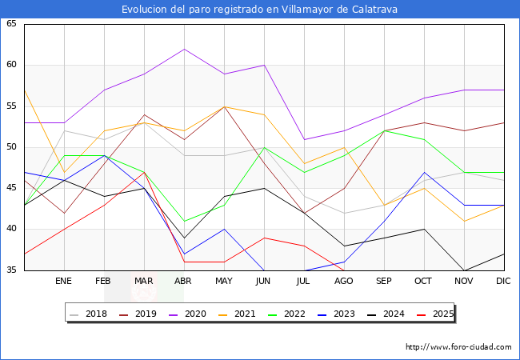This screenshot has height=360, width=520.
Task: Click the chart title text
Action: click(x=260, y=10)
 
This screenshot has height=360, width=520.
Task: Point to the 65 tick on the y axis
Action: click(x=11, y=24)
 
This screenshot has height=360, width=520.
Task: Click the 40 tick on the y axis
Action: click(x=11, y=230)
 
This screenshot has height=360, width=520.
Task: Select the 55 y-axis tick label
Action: click(x=11, y=106)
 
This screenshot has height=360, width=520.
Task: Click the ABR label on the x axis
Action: click(x=184, y=282)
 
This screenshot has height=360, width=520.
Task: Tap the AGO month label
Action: click(x=344, y=282)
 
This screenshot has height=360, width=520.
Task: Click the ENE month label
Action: click(x=64, y=282)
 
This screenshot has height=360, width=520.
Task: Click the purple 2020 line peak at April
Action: click(x=184, y=49)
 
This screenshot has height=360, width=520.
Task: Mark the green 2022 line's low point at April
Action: click(x=184, y=222)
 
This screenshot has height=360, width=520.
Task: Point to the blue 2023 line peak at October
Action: click(x=424, y=172)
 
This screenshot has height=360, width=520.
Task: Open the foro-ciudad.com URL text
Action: click(x=458, y=347)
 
